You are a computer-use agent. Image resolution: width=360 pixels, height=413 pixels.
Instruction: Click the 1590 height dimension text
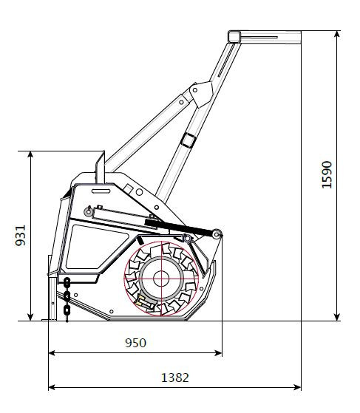(x=327, y=174)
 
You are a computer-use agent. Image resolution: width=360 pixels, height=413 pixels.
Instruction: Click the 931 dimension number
(x=20, y=236)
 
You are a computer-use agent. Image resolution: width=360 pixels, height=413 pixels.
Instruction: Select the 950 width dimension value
(x=135, y=343)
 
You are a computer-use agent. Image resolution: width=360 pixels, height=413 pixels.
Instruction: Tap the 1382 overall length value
(x=175, y=378)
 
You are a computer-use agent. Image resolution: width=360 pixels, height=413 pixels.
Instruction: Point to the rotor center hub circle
(x=161, y=279)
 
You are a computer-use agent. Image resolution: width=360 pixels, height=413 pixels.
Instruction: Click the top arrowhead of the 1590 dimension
(x=337, y=34)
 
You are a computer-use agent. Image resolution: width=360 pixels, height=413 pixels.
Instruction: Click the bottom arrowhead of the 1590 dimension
(x=337, y=318)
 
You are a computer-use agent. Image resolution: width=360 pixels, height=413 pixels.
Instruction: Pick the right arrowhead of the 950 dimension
(x=219, y=352)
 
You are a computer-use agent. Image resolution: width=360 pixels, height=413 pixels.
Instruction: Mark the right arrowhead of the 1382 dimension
(x=297, y=387)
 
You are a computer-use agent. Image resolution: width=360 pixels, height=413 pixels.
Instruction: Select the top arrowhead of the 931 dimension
(x=30, y=155)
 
